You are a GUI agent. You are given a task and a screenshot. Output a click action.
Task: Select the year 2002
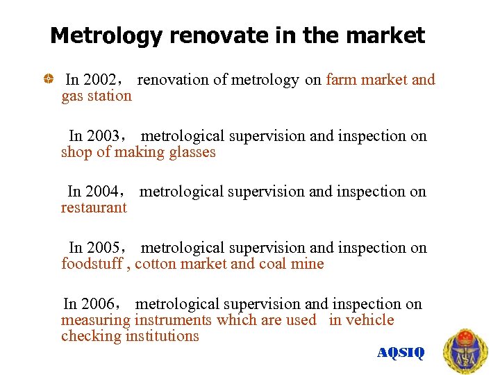pos(99,80)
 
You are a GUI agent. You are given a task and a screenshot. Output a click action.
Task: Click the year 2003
pos(103,136)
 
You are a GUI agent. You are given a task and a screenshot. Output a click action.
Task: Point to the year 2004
pos(101,192)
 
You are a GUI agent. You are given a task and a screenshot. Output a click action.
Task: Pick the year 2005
pos(103,248)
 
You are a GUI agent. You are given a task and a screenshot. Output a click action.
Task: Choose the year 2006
pos(97,304)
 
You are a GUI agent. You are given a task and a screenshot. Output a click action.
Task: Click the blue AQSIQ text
pos(400,353)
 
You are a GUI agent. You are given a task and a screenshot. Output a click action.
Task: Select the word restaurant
pos(94,208)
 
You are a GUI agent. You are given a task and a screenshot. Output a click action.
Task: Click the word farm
pos(340,80)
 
